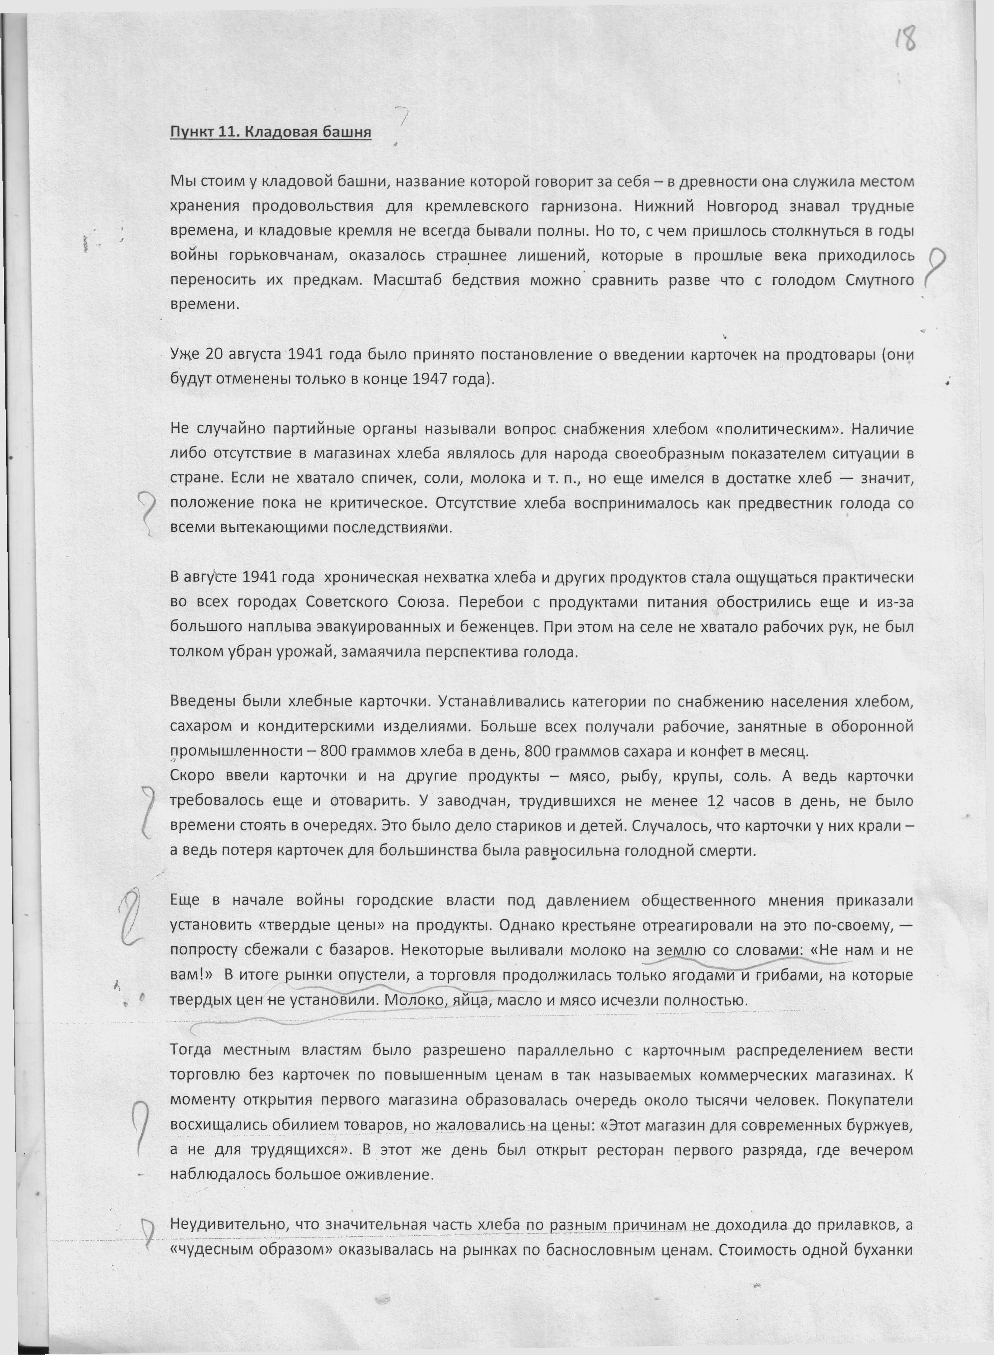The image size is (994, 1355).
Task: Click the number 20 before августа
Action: click(213, 354)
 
